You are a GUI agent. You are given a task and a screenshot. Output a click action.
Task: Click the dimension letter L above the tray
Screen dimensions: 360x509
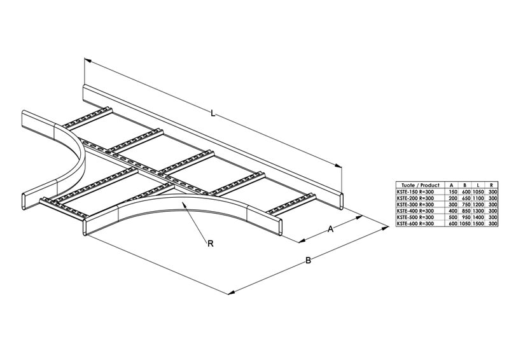(214, 114)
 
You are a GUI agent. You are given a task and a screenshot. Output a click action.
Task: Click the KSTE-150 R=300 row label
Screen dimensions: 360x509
(415, 191)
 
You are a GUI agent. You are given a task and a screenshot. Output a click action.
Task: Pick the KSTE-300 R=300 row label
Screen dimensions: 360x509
(415, 204)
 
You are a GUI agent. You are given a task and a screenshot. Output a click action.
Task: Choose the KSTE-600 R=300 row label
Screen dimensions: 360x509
(415, 223)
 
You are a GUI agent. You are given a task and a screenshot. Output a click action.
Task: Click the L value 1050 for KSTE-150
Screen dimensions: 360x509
(478, 191)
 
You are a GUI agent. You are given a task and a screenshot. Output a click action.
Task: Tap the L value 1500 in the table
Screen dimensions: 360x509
(478, 223)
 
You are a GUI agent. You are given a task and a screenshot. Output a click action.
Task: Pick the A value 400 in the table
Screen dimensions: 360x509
(454, 211)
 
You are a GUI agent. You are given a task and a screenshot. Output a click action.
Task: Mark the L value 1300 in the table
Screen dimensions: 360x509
(478, 211)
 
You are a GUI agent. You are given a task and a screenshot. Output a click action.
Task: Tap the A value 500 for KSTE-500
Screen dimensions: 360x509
(454, 217)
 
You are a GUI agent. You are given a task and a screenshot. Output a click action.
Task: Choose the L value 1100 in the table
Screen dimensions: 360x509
(478, 198)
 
